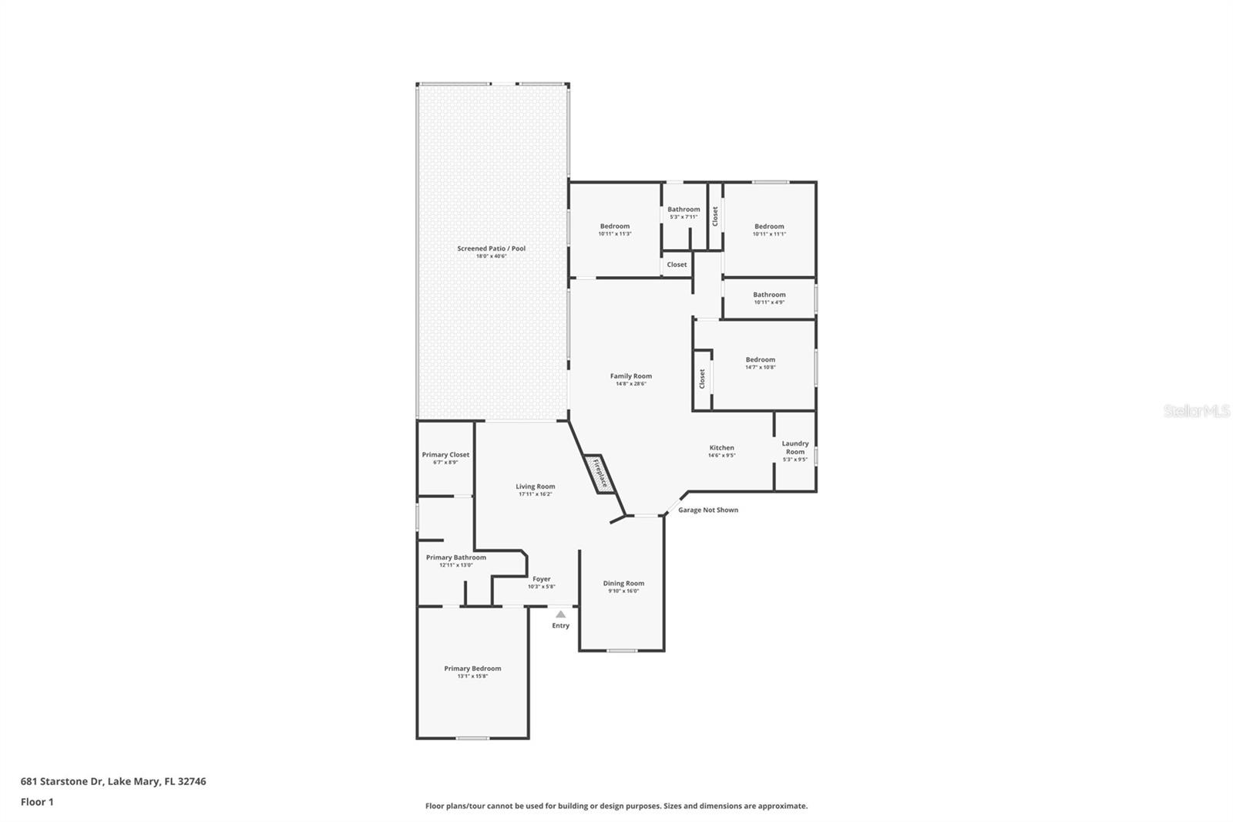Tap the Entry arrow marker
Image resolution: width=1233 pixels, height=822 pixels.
point(560,615)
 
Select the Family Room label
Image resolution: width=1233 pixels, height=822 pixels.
point(630,376)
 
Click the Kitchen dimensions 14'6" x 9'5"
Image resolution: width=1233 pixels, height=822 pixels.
point(721,456)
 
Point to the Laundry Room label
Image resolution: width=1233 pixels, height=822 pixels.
point(795,447)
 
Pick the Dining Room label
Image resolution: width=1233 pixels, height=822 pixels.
point(623,584)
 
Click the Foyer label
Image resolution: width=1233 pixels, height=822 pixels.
point(541,579)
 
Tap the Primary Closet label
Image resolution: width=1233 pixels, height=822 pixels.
point(445,455)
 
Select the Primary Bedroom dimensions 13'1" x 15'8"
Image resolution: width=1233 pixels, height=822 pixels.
point(472,676)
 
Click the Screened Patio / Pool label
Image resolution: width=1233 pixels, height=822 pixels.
point(491,248)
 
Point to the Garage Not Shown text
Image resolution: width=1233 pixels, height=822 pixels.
point(707,510)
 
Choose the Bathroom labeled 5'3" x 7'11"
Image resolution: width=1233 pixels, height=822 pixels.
point(684,210)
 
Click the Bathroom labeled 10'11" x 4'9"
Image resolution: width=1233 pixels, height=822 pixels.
point(769,295)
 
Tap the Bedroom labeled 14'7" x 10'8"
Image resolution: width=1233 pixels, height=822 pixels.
point(760,359)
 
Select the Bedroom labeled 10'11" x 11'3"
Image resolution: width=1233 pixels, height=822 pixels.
point(614,227)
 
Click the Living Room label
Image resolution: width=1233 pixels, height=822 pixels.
point(535,487)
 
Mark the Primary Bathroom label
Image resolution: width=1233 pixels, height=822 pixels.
point(455,558)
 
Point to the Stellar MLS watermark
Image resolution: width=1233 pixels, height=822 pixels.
point(1196,412)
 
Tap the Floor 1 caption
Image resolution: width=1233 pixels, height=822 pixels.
point(37,802)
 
